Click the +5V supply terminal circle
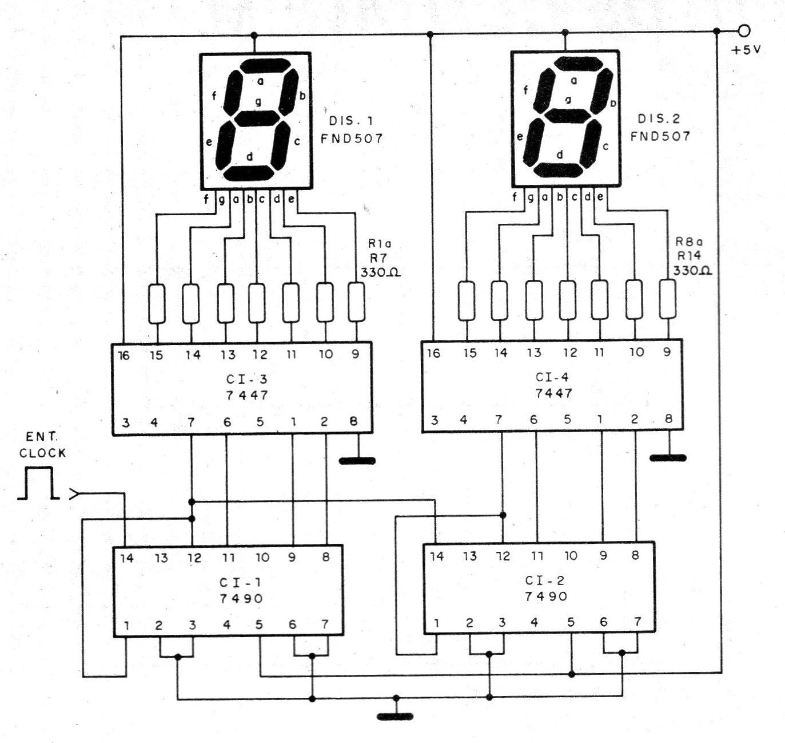coord(744,30)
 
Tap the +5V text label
coord(746,50)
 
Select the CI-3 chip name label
coord(247,379)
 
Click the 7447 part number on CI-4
coord(553,393)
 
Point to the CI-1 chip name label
coord(240,582)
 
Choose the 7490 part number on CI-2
coord(546,596)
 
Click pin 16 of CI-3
coord(123,355)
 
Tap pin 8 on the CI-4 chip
coord(668,418)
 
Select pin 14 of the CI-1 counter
coord(126,558)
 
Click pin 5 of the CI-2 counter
coord(571,622)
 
